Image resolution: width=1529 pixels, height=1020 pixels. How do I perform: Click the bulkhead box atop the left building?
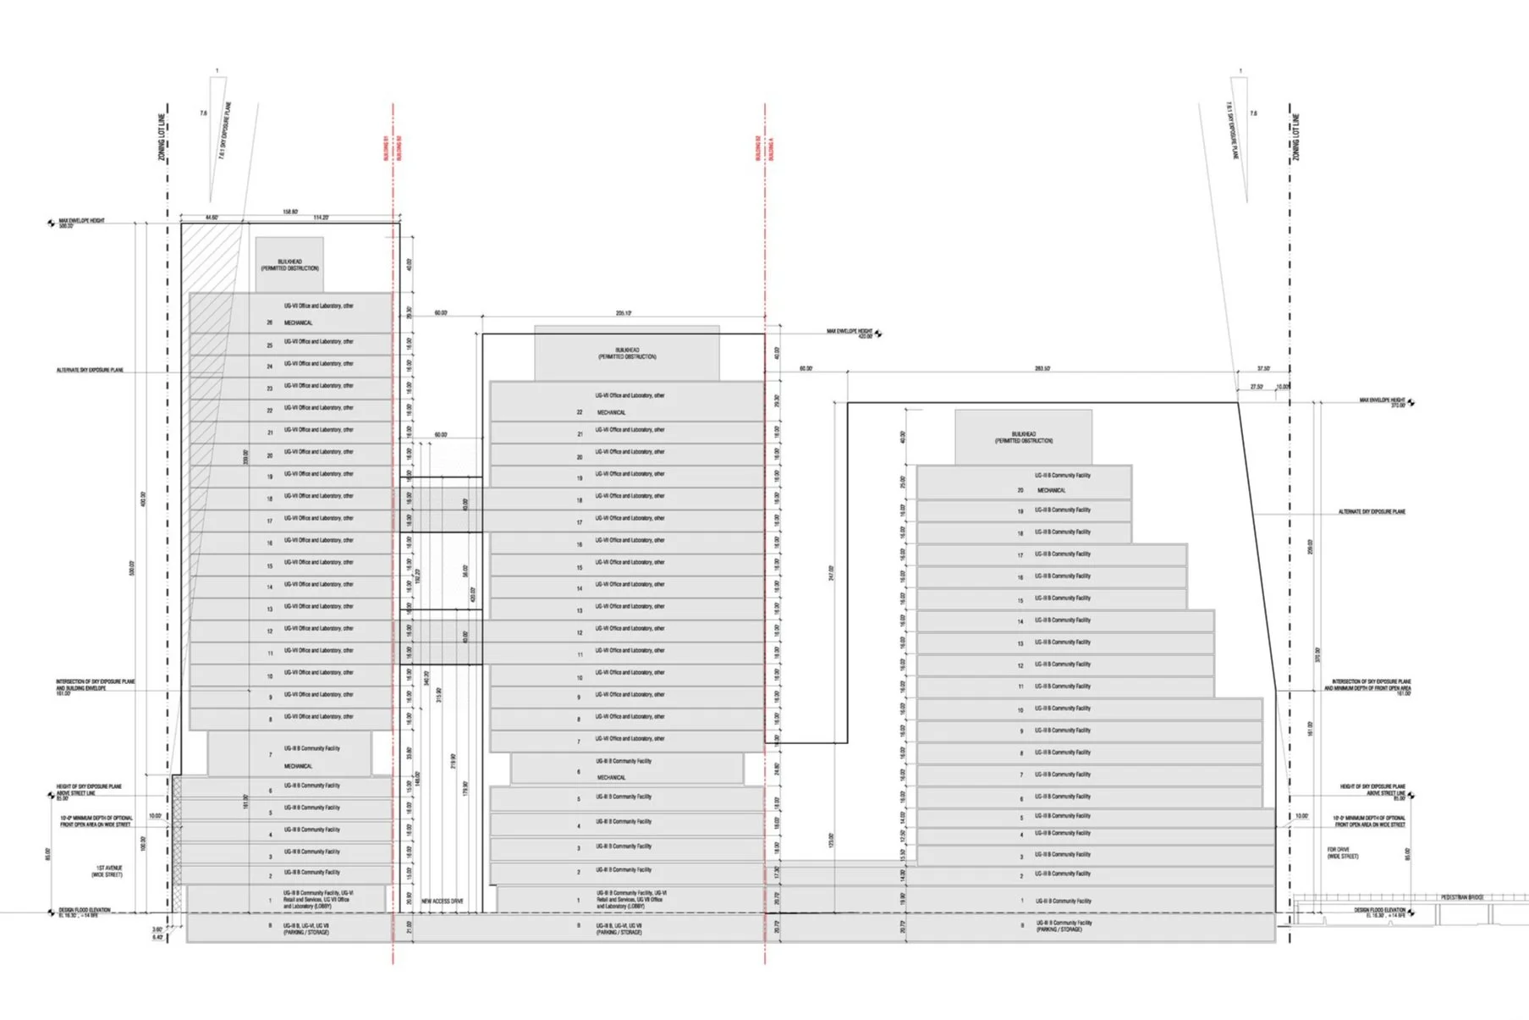(289, 265)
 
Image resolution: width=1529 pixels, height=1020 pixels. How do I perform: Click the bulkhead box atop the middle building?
(627, 353)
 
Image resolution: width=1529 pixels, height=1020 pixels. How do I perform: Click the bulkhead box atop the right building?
(1024, 438)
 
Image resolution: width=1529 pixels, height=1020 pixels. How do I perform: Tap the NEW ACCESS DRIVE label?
(442, 901)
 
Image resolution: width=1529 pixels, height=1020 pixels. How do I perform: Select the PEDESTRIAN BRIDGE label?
(1462, 897)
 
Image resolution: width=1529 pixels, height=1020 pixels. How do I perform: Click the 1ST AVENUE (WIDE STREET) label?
(108, 871)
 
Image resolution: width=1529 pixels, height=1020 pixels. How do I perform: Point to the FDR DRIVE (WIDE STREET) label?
(1343, 852)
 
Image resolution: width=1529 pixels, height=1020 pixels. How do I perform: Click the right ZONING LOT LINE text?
(1296, 137)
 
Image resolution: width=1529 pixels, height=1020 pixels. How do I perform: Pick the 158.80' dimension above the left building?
(290, 212)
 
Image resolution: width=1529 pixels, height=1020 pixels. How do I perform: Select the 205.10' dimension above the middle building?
(623, 313)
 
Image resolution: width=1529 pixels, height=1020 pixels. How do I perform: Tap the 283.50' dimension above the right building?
(1042, 369)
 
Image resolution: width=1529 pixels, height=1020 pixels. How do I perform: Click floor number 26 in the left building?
(270, 323)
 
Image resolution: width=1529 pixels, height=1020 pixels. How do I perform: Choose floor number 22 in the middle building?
(580, 412)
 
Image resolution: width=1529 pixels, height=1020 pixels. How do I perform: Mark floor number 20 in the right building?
(1020, 490)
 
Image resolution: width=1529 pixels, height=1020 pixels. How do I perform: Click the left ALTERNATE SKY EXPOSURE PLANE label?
(90, 370)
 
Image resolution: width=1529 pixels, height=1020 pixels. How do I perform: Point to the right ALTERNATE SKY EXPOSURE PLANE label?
(1372, 511)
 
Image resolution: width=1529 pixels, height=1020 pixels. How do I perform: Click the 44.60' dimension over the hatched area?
(212, 218)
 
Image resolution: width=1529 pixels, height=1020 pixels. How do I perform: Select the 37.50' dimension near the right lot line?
(1263, 369)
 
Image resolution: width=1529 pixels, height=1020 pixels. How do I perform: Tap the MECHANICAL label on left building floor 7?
(298, 766)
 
